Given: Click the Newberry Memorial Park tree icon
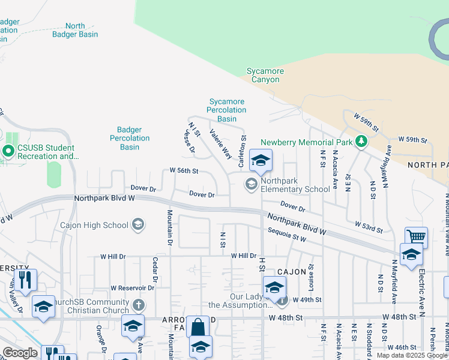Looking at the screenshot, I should [x=361, y=142].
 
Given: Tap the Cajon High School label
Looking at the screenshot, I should [x=94, y=225].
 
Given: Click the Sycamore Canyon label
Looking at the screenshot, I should [x=265, y=75].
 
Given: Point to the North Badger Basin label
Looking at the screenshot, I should [x=75, y=30].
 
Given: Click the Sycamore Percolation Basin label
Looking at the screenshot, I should [x=227, y=110].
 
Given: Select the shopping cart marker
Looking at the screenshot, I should [x=416, y=236].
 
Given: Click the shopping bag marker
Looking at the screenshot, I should [x=197, y=328].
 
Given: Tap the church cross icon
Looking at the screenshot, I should [x=139, y=305].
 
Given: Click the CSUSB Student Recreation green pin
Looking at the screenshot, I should [x=9, y=151].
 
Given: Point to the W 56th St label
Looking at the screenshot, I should [x=184, y=170].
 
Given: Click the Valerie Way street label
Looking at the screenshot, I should [x=220, y=144].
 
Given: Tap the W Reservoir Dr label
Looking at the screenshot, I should [x=133, y=288].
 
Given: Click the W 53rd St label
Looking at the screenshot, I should [x=368, y=226].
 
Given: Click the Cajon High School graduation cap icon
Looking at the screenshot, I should [x=138, y=225].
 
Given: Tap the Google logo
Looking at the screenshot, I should [x=20, y=353].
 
